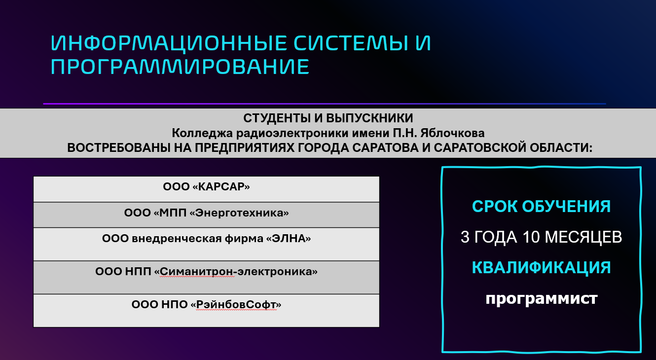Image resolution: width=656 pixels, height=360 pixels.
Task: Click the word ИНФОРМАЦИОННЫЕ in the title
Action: (168, 43)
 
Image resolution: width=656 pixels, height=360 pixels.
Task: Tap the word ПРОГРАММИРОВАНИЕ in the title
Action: (180, 67)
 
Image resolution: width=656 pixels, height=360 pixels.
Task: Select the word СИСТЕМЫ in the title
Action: (351, 43)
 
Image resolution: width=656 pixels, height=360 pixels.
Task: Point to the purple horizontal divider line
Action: (325, 104)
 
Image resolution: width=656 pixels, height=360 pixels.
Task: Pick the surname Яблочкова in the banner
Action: (452, 133)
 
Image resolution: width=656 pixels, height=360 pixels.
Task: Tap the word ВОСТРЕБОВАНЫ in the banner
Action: (119, 147)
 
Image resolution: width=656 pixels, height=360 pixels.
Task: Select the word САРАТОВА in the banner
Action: (385, 147)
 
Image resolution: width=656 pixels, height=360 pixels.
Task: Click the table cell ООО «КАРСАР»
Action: (206, 189)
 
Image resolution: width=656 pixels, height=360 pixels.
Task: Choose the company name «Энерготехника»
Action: (239, 213)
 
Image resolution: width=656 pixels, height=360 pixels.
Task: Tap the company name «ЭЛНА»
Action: (288, 238)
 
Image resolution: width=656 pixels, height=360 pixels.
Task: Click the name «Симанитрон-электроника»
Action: (236, 272)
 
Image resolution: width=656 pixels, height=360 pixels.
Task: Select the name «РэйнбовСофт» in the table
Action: (236, 305)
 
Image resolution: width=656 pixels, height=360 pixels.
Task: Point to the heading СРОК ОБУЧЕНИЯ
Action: (541, 206)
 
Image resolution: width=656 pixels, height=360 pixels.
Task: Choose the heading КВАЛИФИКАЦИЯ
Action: (541, 267)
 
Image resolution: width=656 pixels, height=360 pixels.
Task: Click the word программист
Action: (542, 299)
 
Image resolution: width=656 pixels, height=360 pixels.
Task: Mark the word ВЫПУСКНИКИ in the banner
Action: (369, 118)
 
